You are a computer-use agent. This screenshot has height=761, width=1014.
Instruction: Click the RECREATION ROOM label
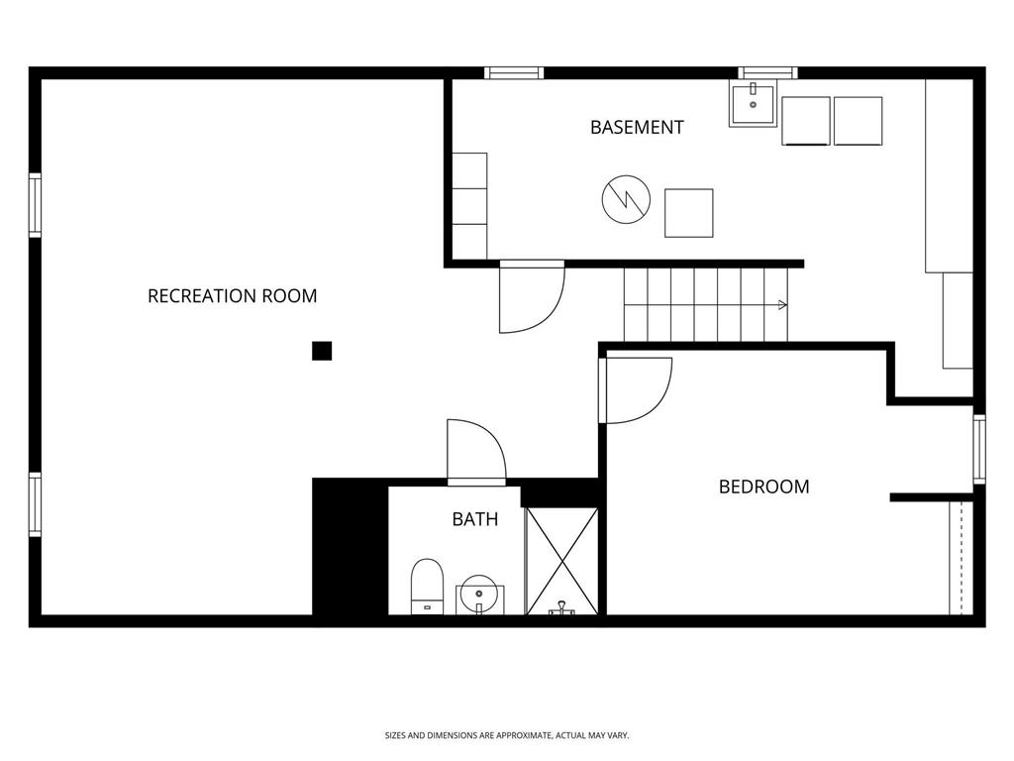[232, 295]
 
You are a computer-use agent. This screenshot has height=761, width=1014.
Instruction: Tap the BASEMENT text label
[637, 127]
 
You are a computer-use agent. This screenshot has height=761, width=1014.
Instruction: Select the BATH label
[474, 518]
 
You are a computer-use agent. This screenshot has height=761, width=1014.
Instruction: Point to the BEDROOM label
[762, 487]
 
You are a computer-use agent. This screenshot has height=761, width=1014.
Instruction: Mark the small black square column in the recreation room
[321, 350]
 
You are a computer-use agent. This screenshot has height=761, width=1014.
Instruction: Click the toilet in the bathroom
[427, 586]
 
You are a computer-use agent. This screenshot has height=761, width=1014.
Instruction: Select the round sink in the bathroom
[478, 598]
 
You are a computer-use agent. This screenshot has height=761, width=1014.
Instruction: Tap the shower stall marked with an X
[561, 561]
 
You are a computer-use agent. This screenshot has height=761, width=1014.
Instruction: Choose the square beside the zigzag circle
[688, 212]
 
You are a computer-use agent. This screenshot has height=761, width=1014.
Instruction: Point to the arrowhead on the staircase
[782, 305]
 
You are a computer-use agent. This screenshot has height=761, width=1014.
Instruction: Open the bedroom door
[636, 388]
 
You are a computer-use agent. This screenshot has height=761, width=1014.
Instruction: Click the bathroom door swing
[475, 452]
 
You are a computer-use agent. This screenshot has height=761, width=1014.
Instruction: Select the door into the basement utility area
[531, 295]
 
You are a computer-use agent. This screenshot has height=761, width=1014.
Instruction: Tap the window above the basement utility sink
[768, 72]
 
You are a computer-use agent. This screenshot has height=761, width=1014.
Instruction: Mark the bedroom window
[978, 449]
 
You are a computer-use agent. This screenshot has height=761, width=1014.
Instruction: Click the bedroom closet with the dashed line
[961, 557]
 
